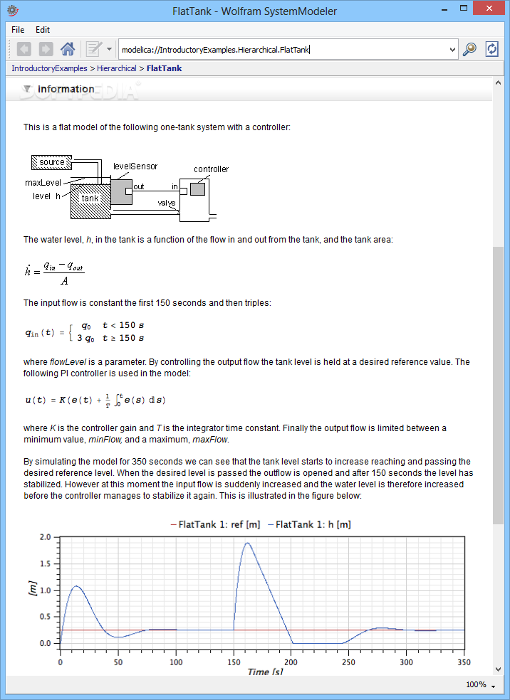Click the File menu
(18, 30)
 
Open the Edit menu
(43, 30)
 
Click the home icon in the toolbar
(68, 49)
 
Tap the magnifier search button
(469, 49)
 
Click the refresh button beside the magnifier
(491, 49)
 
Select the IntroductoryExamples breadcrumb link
(49, 68)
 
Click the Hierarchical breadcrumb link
(117, 68)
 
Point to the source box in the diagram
(51, 162)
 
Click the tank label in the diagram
(90, 198)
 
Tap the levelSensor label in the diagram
(135, 166)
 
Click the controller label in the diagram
(212, 169)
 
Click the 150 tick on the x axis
(233, 662)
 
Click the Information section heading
(66, 89)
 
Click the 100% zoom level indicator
(475, 684)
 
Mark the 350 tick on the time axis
(464, 662)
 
